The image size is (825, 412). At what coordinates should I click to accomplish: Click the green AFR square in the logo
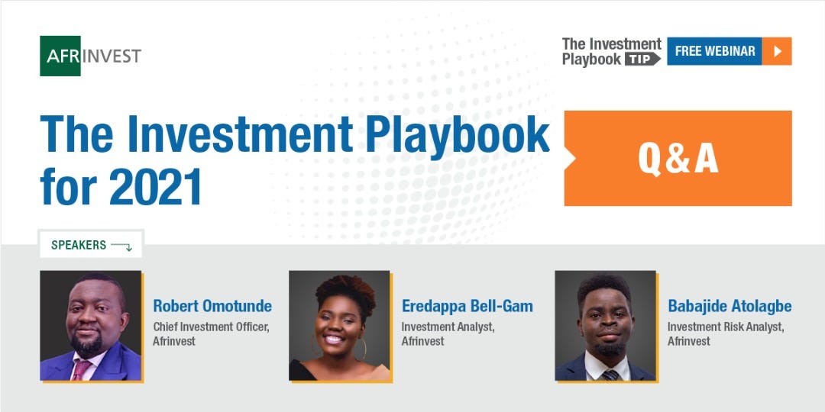click(x=60, y=56)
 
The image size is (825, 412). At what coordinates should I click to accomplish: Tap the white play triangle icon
click(x=778, y=51)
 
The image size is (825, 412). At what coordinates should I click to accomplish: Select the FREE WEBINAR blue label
click(x=714, y=51)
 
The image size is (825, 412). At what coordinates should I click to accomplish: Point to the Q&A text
click(x=678, y=158)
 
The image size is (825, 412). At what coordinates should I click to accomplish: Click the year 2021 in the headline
click(x=156, y=187)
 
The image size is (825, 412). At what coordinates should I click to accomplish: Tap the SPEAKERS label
click(x=79, y=245)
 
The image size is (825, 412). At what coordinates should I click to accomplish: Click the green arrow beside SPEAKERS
click(x=121, y=246)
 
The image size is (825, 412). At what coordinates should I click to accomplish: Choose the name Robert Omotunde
click(x=212, y=306)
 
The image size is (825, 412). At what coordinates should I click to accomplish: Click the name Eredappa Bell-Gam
click(x=467, y=306)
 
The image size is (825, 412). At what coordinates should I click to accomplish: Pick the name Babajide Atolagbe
click(x=730, y=306)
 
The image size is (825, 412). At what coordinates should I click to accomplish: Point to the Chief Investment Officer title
click(x=212, y=327)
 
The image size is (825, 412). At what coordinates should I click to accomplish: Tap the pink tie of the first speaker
click(x=80, y=369)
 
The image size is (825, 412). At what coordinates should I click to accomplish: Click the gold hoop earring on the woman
click(x=362, y=349)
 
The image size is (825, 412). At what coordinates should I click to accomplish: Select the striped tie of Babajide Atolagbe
click(x=610, y=375)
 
